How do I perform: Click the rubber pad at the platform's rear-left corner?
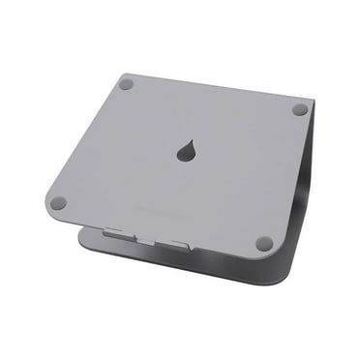(125, 84)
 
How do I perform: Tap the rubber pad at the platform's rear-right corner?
(299, 109)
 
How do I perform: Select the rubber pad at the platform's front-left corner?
(58, 203)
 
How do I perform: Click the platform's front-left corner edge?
(46, 205)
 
